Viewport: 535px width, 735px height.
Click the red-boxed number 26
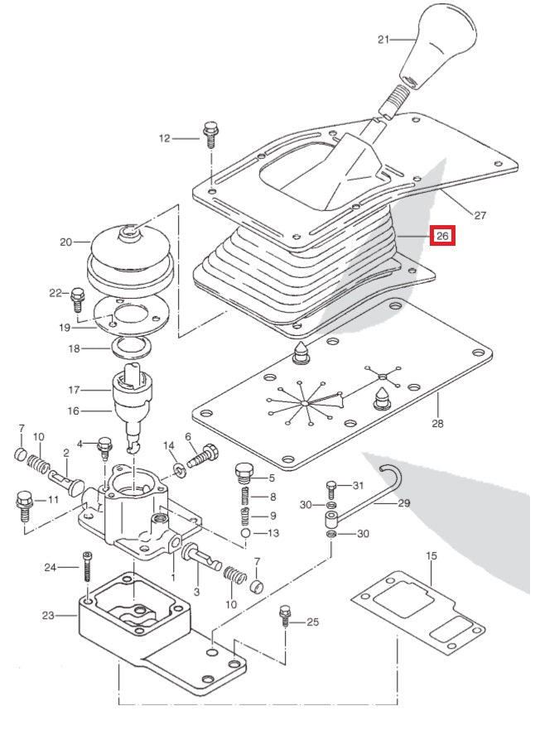443,236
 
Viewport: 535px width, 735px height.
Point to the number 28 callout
437,424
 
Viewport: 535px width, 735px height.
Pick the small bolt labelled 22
78,295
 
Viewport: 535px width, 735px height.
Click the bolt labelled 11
23,504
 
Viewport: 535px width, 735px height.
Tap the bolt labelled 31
331,488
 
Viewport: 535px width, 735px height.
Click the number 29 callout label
403,502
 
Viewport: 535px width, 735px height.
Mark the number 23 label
47,615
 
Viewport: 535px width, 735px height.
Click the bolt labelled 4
105,447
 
